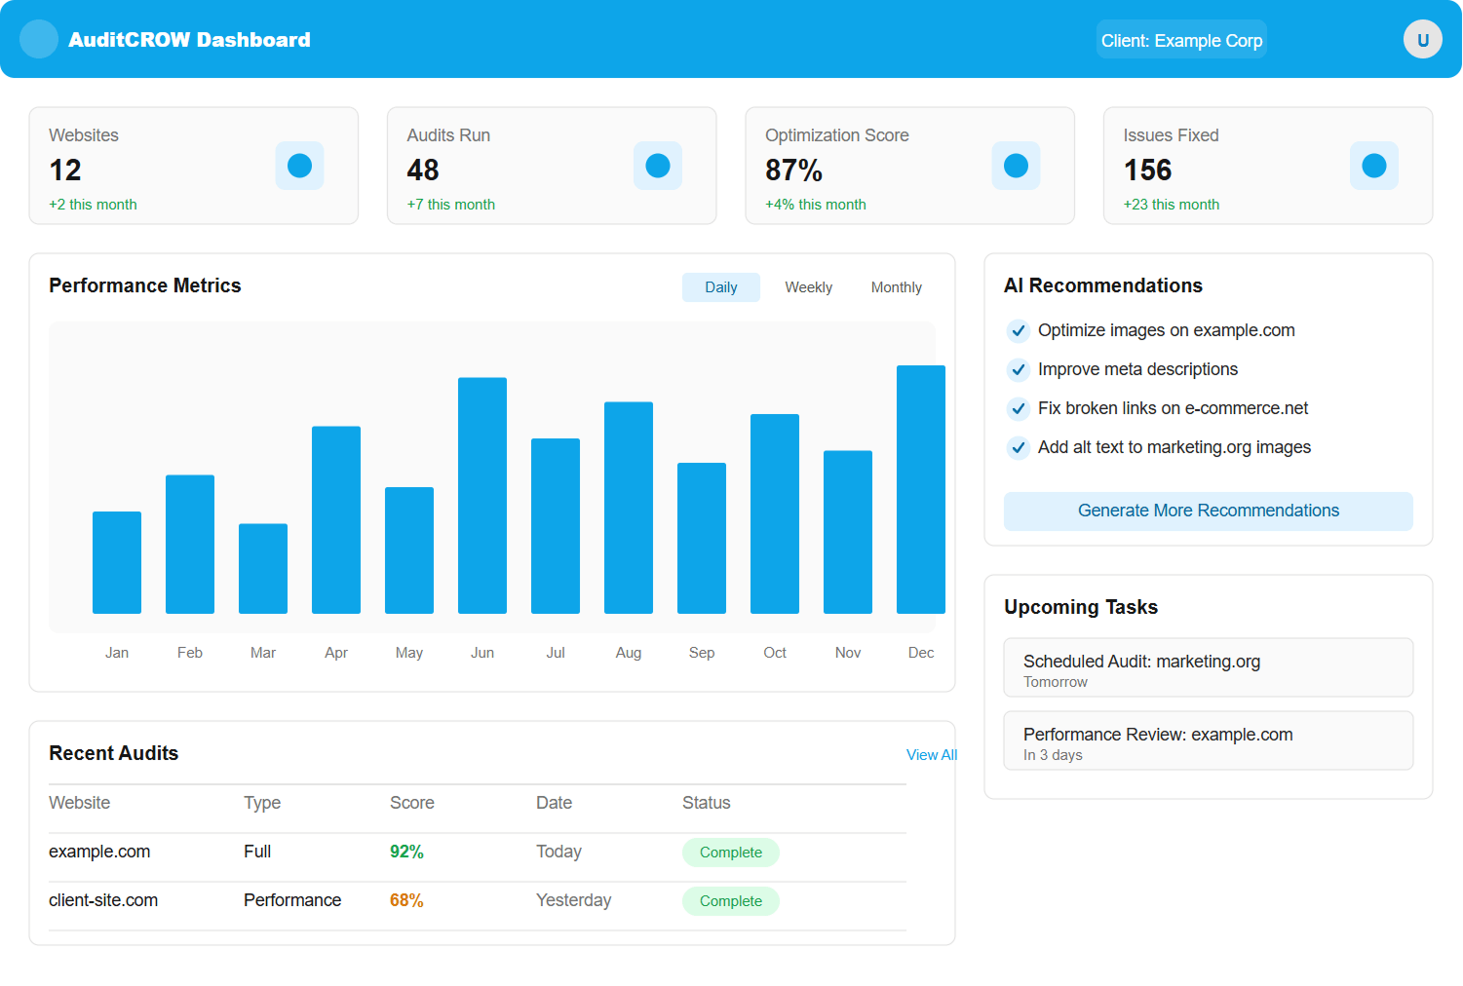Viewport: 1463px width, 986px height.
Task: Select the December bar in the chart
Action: point(920,489)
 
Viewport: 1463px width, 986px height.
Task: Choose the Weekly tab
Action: point(808,287)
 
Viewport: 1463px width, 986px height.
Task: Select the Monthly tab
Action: point(896,287)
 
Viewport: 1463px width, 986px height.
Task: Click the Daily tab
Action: point(720,287)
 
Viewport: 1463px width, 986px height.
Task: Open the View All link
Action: point(931,755)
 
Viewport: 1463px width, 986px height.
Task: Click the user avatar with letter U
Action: point(1422,40)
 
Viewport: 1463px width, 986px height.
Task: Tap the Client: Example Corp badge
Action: point(1181,40)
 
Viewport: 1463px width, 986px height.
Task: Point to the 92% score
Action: point(406,852)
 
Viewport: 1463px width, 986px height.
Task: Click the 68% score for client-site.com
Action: point(406,900)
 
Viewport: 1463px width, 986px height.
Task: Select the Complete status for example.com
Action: point(730,853)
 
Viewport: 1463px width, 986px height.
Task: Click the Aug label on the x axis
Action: point(629,653)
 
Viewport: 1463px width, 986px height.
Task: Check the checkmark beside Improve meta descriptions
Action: point(1018,369)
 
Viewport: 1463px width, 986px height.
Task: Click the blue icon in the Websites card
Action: point(299,166)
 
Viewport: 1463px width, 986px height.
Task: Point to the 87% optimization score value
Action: point(793,171)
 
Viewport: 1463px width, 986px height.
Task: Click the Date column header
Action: point(554,803)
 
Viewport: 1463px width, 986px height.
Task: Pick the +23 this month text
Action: point(1171,205)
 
